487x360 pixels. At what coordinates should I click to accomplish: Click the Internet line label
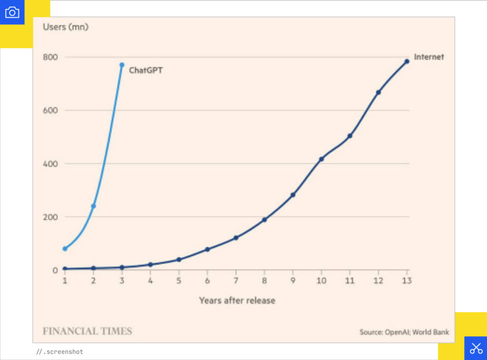coord(429,57)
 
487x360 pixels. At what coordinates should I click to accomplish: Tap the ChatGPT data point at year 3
coord(122,65)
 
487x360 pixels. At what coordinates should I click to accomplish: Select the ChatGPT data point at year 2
coord(93,206)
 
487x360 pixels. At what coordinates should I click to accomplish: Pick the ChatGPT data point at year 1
coord(65,249)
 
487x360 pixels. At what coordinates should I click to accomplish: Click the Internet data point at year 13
coord(407,61)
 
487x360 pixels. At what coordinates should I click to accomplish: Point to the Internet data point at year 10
coord(321,159)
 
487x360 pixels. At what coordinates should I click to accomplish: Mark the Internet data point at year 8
coord(264,220)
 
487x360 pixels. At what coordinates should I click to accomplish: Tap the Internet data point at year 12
coord(379,92)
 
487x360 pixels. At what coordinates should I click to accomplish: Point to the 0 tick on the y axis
coord(55,270)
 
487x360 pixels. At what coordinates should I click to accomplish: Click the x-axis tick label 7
coord(236,281)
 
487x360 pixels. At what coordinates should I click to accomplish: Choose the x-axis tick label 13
coord(407,281)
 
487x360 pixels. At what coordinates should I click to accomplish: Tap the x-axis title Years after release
coord(237,301)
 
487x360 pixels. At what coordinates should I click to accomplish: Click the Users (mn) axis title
coord(66,27)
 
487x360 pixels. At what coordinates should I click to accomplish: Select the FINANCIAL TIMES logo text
coord(87,331)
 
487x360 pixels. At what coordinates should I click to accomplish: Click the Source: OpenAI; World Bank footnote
coord(404,332)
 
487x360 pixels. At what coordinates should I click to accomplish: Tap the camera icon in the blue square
coord(12,12)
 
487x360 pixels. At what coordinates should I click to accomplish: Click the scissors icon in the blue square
coord(476,348)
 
